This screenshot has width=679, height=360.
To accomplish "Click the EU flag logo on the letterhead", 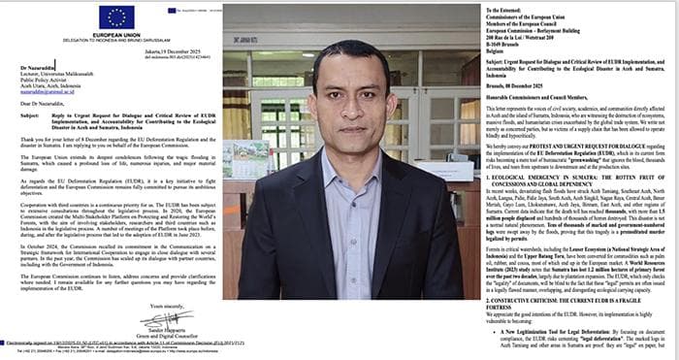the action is (x=116, y=17).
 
